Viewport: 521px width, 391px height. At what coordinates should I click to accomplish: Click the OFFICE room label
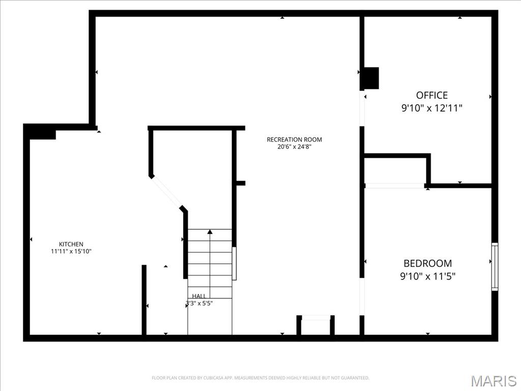coord(432,95)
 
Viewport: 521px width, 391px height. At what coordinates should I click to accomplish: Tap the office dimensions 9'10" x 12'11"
coord(432,108)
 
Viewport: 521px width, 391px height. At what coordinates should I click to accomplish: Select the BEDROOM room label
coord(427,263)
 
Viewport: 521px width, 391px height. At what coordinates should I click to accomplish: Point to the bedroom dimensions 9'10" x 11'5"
coord(427,276)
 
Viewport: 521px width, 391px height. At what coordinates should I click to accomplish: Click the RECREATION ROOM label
coord(294,139)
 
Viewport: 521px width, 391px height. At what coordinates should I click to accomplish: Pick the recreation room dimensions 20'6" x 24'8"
coord(294,147)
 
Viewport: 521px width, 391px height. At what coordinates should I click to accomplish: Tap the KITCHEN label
coord(71,244)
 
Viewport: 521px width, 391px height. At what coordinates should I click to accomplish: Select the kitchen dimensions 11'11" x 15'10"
coord(71,252)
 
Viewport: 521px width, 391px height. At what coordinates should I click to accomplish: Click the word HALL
coord(199,296)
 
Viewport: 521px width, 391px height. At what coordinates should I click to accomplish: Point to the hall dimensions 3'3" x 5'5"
coord(199,303)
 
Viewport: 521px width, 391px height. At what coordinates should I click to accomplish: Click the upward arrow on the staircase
coord(210,233)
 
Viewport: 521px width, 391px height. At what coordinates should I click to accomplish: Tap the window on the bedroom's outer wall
coord(495,267)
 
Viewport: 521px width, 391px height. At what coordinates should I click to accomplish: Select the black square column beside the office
coord(370,78)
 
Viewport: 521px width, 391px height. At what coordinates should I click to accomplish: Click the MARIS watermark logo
coord(494,380)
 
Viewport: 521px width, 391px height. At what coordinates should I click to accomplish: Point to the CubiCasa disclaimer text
coord(260,378)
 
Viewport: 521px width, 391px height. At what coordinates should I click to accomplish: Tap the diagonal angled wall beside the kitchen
coord(167,191)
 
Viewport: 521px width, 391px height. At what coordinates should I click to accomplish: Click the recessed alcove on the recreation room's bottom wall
coord(315,326)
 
